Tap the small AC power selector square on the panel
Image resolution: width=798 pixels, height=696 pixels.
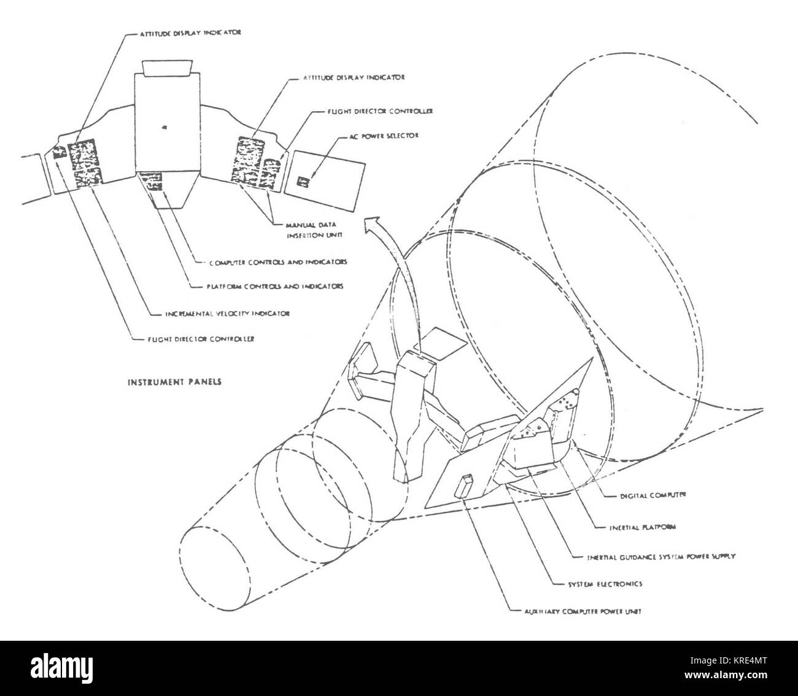301,181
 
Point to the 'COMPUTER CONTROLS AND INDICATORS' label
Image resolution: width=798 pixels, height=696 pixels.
275,261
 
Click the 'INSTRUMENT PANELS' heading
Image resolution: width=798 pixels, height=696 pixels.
174,381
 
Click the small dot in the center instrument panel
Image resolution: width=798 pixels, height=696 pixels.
164,127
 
